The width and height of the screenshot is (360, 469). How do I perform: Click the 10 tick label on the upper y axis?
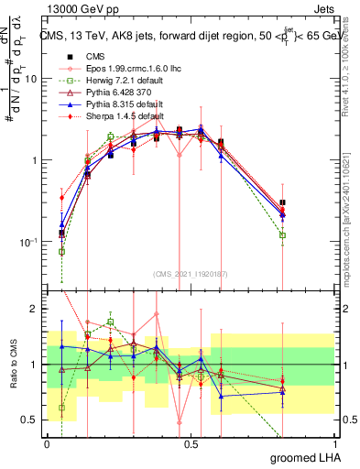tap(31, 79)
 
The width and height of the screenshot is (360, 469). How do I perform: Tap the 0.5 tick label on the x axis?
tap(191, 443)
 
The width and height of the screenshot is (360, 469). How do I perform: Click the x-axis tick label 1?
tap(334, 443)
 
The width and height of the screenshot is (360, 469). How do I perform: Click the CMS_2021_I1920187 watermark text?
tap(190, 273)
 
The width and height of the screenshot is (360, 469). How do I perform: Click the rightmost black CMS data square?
tap(283, 202)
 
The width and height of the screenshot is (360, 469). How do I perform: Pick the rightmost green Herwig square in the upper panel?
tap(283, 235)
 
